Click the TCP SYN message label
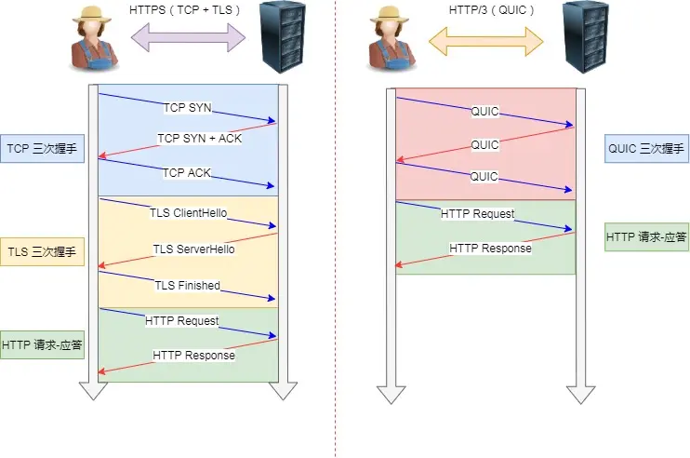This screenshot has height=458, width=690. coord(187,108)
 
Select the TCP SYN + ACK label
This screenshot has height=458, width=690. coord(199,139)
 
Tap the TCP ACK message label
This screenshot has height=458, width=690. coord(187,173)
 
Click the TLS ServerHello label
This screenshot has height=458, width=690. coord(193,249)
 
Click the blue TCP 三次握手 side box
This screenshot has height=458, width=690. coord(43,148)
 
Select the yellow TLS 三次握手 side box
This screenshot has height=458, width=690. coord(43,251)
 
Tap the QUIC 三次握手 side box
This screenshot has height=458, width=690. coord(645,148)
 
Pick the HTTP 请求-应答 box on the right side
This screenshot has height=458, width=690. coord(645,237)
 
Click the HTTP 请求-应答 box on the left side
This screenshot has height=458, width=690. coord(43,345)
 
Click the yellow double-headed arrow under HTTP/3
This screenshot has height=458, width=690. coord(484,39)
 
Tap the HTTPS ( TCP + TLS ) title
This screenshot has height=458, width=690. coord(186,10)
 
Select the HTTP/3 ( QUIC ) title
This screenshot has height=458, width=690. coord(484,10)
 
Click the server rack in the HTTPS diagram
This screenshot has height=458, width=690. coord(285,38)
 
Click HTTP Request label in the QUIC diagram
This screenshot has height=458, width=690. coord(477,214)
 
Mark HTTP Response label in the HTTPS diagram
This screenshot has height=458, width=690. coord(193,356)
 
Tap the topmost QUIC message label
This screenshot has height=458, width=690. coord(484,112)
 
